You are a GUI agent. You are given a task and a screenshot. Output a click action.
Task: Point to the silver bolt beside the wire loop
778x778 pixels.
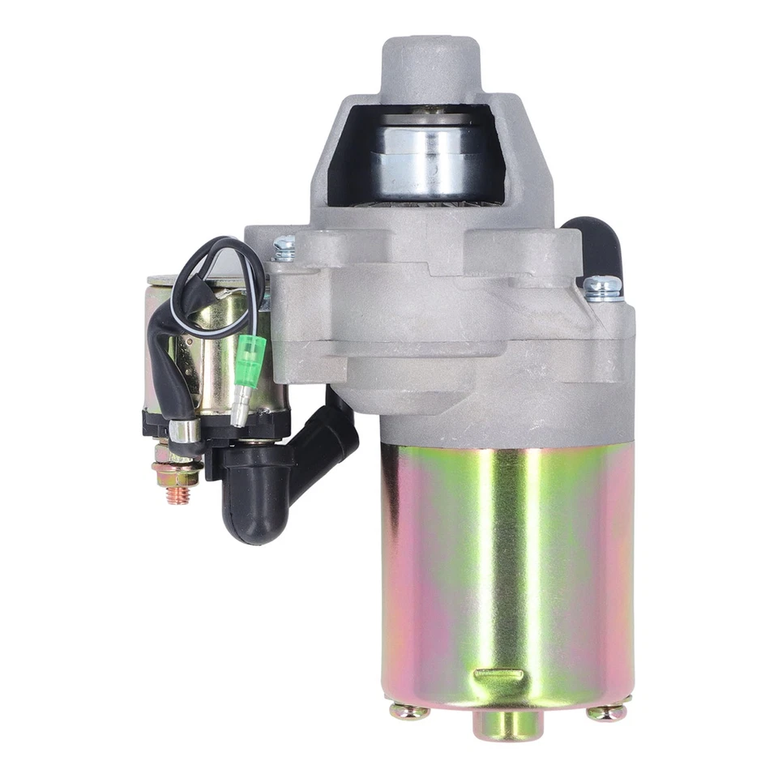point(284,247)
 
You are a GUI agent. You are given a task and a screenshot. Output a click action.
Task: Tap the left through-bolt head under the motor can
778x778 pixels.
point(408,712)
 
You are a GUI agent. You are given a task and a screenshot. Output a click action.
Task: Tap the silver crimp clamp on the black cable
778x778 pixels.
point(186,430)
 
